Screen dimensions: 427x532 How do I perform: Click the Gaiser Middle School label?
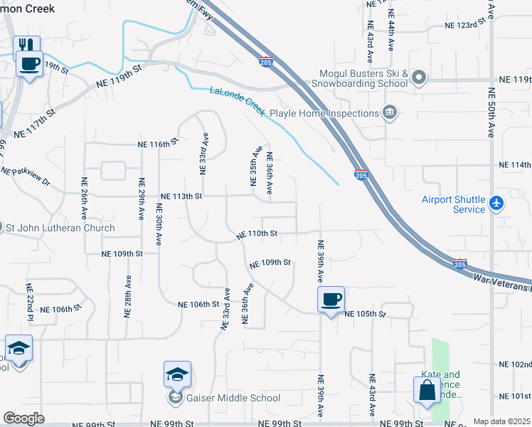click(230, 398)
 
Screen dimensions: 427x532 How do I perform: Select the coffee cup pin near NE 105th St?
click(331, 300)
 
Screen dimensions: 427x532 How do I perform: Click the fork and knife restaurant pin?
click(26, 46)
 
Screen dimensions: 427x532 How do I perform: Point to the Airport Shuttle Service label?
click(453, 204)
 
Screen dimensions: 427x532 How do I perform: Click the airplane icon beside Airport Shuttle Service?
click(496, 204)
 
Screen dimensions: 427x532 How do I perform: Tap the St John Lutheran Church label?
click(60, 228)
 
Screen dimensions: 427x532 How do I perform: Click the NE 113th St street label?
click(181, 196)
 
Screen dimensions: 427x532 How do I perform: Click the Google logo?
click(23, 418)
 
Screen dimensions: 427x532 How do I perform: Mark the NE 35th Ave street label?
click(252, 166)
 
